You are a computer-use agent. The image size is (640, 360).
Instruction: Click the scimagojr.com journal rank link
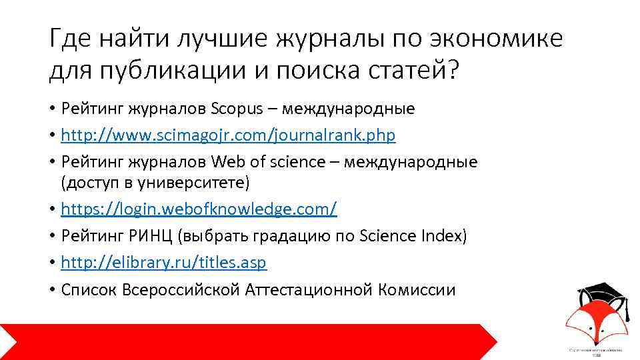coord(228,135)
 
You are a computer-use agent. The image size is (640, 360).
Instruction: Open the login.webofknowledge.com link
coord(199,209)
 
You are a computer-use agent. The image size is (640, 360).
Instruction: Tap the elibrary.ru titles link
coord(163,263)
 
